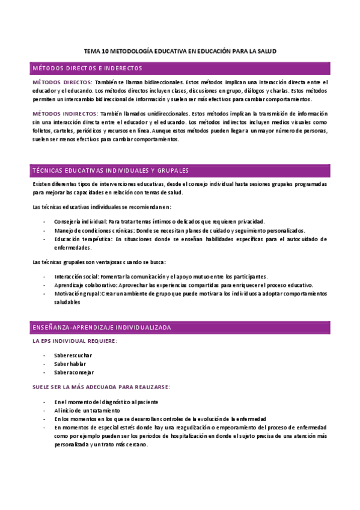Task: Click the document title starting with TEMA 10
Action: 180,52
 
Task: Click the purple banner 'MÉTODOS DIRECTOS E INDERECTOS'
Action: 87,69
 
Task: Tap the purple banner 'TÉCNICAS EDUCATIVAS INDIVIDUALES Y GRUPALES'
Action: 111,170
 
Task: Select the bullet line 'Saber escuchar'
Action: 73,355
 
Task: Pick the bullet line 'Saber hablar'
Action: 70,364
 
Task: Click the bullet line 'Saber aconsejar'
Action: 74,373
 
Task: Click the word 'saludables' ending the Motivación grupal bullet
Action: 67,303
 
